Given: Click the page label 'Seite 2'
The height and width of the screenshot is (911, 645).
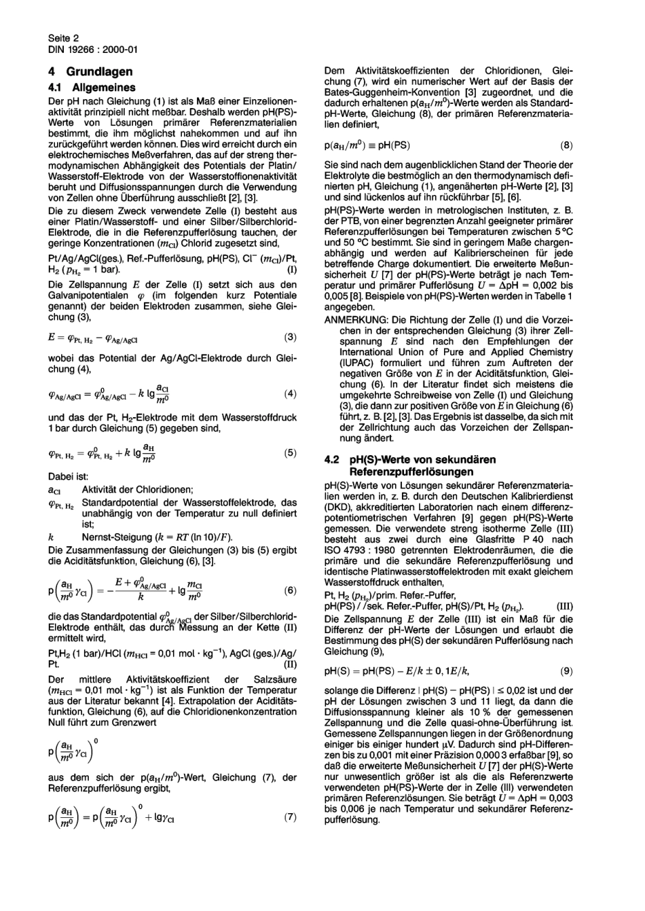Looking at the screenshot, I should pos(63,39).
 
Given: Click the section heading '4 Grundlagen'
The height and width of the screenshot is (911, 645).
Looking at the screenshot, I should pos(90,71).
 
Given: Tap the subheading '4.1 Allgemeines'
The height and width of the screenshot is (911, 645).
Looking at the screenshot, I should pos(92,87).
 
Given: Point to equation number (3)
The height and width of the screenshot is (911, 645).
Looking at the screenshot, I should pos(290,337).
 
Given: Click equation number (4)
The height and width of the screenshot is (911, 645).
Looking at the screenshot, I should pos(290,394).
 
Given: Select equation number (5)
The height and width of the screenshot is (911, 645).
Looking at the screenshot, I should pos(290,452).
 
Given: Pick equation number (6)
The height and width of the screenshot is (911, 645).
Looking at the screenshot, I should pos(290,590).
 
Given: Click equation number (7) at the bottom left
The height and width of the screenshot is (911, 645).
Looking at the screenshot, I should pos(290,817).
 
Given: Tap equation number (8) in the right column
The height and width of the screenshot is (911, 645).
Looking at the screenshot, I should pos(566,145).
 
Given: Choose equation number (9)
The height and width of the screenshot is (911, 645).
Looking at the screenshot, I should pos(566,671).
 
